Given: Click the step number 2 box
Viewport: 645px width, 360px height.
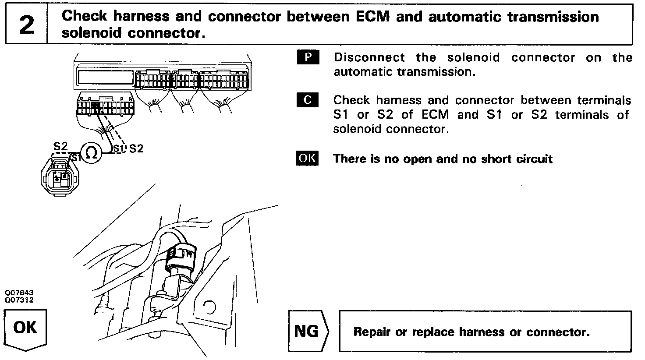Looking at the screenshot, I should [26, 25].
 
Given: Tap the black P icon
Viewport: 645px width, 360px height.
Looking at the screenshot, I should [308, 57].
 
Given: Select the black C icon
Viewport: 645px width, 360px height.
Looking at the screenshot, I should [308, 100].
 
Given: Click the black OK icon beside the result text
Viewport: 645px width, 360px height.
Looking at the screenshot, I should [308, 158].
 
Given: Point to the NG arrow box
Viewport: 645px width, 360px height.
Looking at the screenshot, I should [308, 331].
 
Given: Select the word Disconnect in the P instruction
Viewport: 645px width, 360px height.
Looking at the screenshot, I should [369, 58].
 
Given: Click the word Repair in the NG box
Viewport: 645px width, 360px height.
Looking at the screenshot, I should [372, 332].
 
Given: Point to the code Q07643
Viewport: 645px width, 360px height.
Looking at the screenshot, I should [19, 293].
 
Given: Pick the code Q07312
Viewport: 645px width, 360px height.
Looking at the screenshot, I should [19, 300].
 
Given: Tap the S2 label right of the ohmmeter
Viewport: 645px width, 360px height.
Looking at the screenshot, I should [136, 148].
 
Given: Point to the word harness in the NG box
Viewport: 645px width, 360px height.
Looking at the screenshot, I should [482, 332].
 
